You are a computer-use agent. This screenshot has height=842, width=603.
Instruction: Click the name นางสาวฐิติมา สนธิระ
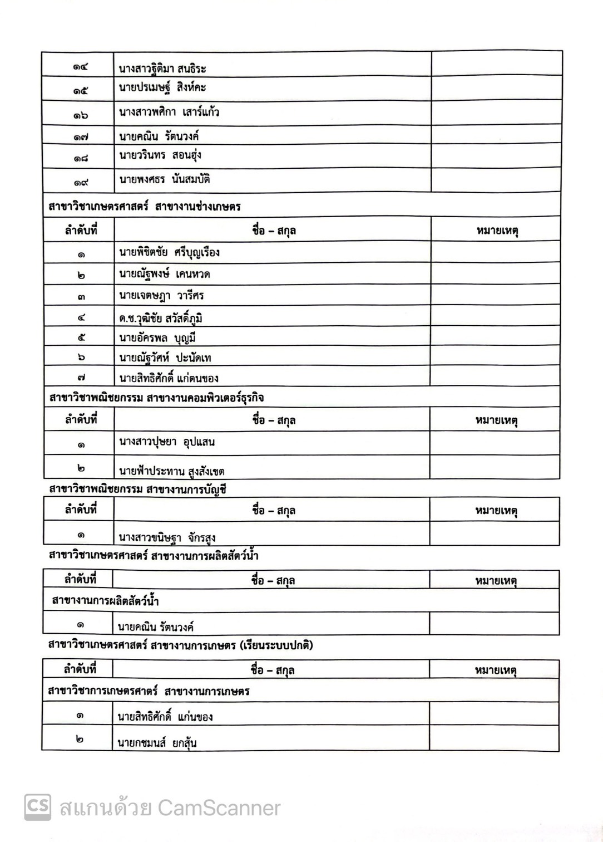[x=162, y=69]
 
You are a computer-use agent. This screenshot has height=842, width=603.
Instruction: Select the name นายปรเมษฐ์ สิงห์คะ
[x=162, y=88]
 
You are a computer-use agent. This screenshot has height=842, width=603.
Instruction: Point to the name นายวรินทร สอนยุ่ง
[x=160, y=155]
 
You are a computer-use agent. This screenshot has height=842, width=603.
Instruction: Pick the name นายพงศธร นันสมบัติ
[x=164, y=180]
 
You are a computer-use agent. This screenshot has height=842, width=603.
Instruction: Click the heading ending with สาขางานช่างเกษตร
[x=145, y=207]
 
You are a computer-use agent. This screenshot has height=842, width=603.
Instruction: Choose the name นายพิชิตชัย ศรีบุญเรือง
[x=169, y=252]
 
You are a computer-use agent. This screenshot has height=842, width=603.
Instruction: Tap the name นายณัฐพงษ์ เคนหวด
[x=164, y=274]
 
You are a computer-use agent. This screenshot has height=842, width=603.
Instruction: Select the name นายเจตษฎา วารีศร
[x=161, y=296]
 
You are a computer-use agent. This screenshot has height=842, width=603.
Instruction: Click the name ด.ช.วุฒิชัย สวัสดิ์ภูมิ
[x=160, y=318]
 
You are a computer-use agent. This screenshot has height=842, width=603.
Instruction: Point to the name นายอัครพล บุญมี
[x=157, y=338]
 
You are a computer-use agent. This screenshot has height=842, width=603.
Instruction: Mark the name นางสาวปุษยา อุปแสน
[x=167, y=442]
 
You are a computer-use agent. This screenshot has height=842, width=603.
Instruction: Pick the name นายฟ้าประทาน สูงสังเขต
[x=171, y=471]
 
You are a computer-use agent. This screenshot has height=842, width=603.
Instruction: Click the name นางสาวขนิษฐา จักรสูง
[x=167, y=538]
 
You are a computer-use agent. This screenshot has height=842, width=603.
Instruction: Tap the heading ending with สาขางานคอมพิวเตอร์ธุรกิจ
[x=156, y=398]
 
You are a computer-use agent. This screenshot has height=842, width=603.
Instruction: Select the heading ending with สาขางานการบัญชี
[x=137, y=489]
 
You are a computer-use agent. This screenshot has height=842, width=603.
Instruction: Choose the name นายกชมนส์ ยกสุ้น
[x=157, y=742]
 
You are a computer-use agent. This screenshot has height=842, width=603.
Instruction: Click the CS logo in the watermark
[x=38, y=807]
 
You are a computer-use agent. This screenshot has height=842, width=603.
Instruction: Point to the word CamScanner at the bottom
[x=219, y=808]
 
